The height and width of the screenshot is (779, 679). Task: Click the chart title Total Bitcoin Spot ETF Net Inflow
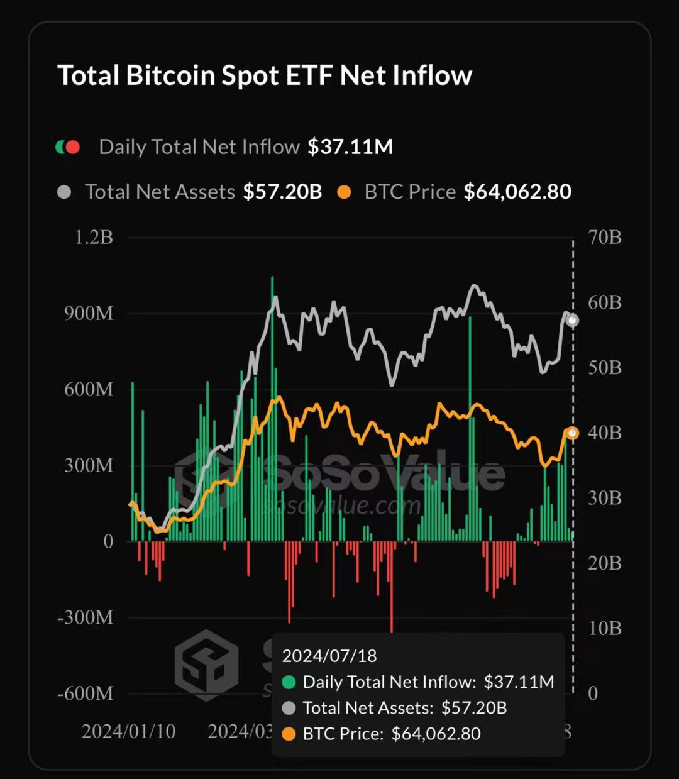(265, 75)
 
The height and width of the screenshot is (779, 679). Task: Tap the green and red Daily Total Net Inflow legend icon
(68, 147)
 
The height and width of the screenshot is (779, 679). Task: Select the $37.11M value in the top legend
(350, 147)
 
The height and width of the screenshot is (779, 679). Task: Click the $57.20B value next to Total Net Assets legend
(282, 192)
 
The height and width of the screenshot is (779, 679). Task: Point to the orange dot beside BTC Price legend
(344, 192)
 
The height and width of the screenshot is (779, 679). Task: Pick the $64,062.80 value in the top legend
(517, 192)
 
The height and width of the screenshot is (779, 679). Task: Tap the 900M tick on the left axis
(89, 314)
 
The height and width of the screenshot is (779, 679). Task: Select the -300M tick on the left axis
(86, 617)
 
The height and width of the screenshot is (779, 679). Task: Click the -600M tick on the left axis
(86, 693)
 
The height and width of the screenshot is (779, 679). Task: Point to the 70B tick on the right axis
(604, 238)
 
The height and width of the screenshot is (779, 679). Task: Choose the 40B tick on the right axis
(604, 433)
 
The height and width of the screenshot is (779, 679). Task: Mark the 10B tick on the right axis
(604, 627)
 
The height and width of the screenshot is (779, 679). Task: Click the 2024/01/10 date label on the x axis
(128, 731)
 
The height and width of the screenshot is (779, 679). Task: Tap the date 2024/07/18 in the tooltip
(329, 656)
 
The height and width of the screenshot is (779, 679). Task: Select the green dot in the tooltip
(289, 682)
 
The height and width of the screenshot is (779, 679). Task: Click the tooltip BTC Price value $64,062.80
(436, 734)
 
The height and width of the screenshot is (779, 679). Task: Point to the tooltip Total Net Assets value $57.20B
(473, 708)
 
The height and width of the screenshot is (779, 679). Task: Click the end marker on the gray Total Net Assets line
(572, 321)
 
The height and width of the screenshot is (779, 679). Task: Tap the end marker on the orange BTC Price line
(572, 433)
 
